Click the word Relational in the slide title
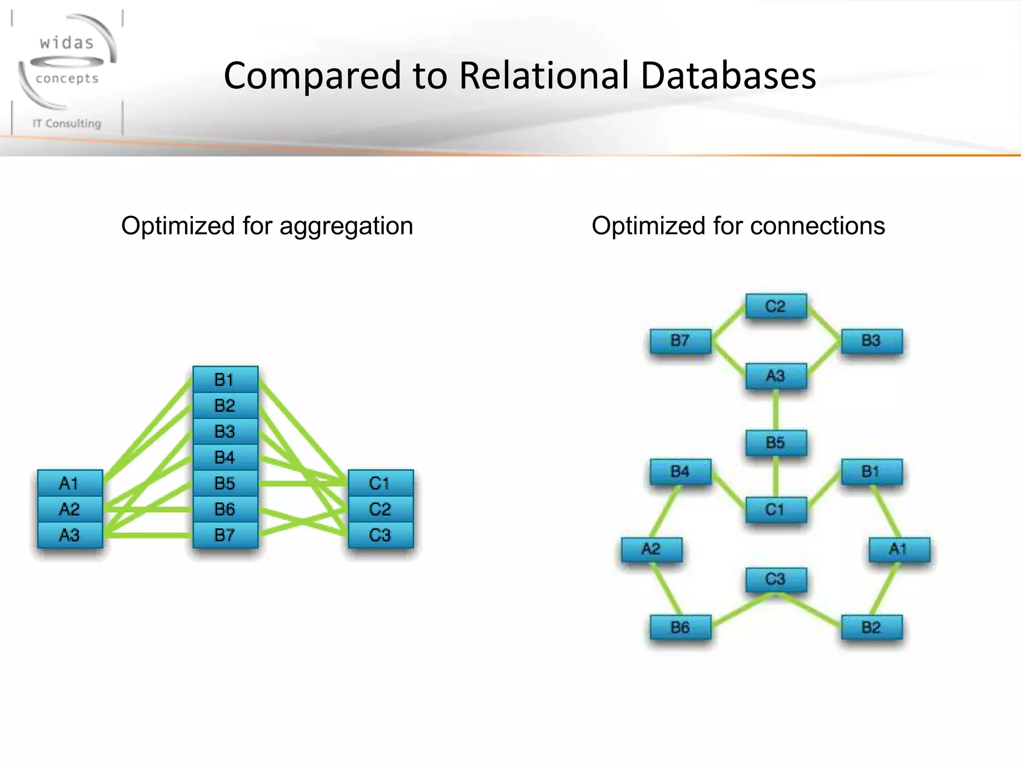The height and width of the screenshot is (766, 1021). [544, 76]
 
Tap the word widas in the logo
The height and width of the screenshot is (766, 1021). [67, 43]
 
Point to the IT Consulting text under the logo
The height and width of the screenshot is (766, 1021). [67, 123]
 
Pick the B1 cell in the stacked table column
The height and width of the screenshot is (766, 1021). [225, 380]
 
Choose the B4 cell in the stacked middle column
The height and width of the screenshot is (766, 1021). [225, 457]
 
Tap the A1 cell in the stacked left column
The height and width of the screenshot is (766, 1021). [70, 483]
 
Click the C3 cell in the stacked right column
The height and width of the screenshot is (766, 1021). [380, 535]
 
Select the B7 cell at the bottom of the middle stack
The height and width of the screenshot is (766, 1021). [225, 535]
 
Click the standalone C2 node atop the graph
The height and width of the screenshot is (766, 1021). [776, 306]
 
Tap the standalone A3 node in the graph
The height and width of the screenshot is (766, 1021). [776, 376]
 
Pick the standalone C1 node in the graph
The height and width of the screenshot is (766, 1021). [776, 510]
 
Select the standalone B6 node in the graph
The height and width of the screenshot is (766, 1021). [681, 627]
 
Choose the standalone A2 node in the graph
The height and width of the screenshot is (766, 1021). [652, 549]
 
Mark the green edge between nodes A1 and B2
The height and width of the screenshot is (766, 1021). [885, 588]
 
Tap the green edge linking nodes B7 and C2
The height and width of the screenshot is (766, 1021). [729, 322]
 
